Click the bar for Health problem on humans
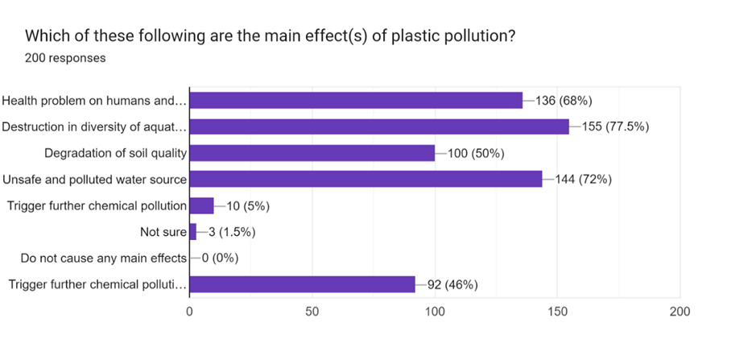pos(355,101)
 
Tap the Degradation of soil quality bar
pos(312,153)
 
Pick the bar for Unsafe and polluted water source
pos(366,179)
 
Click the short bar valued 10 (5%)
pos(201,205)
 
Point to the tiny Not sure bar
pos(192,232)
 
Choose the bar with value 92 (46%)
pos(302,284)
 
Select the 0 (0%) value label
pos(217,259)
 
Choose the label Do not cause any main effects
pos(104,259)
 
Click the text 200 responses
pos(65,58)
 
